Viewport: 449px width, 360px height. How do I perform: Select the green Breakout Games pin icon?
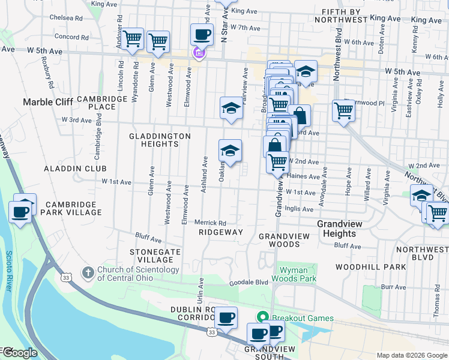(262, 317)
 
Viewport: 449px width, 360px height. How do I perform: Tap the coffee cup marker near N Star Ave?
(202, 35)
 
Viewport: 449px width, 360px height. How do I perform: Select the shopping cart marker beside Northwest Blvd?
(343, 111)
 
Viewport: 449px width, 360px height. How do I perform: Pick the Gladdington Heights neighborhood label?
(160, 140)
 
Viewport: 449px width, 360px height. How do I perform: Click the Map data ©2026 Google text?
(412, 355)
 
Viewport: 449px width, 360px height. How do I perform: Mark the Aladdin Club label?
(74, 169)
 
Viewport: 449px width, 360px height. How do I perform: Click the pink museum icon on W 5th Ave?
(199, 54)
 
